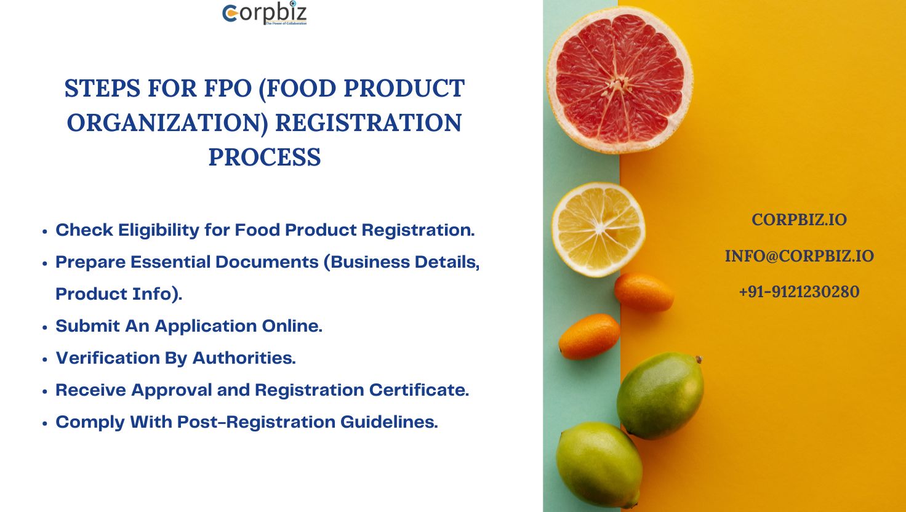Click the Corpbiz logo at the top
point(265,13)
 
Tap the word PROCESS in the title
point(265,157)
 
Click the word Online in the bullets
point(292,326)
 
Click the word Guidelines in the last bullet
point(389,422)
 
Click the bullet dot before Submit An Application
point(45,327)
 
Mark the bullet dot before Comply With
point(45,423)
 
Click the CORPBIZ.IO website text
point(800,220)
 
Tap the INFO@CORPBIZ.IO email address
point(800,256)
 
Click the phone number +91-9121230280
point(800,292)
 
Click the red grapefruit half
point(620,80)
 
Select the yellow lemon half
point(599,230)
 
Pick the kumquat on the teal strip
point(589,337)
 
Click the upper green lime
point(660,395)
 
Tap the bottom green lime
point(599,465)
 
